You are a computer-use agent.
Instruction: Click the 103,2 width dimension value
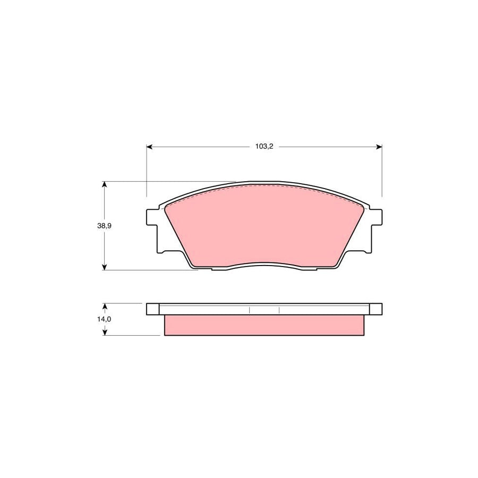[x=263, y=147]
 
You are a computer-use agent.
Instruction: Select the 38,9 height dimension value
[x=104, y=225]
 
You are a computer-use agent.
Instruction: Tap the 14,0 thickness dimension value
[x=104, y=319]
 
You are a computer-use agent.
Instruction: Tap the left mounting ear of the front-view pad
[x=152, y=217]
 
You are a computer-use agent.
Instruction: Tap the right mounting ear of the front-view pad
[x=376, y=217]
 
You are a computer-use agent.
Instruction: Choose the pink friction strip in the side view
[x=264, y=325]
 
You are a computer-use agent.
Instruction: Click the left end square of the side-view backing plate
[x=152, y=309]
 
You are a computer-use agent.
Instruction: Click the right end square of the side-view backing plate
[x=375, y=309]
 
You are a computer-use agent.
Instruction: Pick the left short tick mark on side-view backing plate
[x=249, y=309]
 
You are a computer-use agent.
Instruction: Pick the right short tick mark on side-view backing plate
[x=279, y=309]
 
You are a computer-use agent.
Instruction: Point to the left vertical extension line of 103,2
[x=146, y=175]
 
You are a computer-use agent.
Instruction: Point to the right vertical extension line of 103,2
[x=382, y=175]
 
